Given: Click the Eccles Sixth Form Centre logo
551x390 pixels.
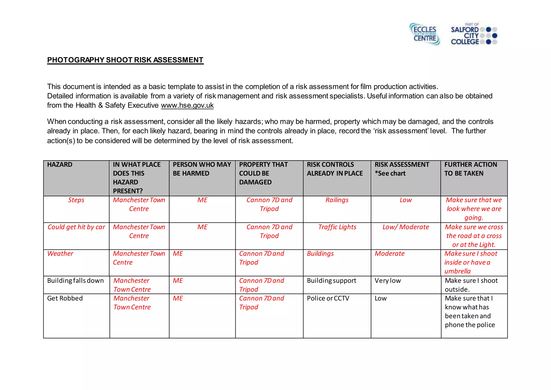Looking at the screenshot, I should [425, 34].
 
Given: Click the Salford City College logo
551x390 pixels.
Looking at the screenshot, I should [474, 34].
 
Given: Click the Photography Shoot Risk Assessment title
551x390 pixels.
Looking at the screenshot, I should [125, 60].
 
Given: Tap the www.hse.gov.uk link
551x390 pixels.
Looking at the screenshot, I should [187, 105].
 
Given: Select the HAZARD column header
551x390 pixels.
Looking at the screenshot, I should [60, 165].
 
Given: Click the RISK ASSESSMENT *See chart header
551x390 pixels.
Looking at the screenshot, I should [402, 169].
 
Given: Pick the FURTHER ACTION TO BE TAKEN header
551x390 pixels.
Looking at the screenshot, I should [471, 169].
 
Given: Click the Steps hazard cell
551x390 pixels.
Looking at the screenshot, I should [76, 200].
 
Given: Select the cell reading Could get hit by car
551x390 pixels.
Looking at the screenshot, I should [76, 227].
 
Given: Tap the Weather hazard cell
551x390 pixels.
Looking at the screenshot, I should [60, 254].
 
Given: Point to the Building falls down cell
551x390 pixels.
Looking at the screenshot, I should [75, 281].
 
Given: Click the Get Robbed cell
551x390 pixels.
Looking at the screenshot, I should [65, 298].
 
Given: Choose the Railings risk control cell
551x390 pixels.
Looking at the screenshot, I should [337, 200].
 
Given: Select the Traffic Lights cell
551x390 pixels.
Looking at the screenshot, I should [337, 227].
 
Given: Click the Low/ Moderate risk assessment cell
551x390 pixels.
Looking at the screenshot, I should [405, 227].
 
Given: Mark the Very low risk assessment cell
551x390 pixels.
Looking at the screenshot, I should [388, 281].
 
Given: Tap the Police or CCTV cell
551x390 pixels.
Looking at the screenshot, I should [328, 298].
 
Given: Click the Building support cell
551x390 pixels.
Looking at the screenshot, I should [331, 281].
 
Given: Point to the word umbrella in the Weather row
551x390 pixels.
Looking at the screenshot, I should [457, 271].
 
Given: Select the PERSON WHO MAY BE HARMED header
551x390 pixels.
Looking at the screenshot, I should [202, 169].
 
